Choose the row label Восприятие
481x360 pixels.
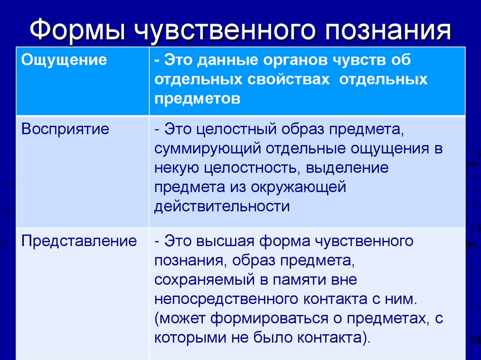click(x=65, y=129)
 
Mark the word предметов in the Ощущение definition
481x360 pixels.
click(x=197, y=99)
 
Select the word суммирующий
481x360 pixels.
click(x=207, y=149)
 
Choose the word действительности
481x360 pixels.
click(x=222, y=207)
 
